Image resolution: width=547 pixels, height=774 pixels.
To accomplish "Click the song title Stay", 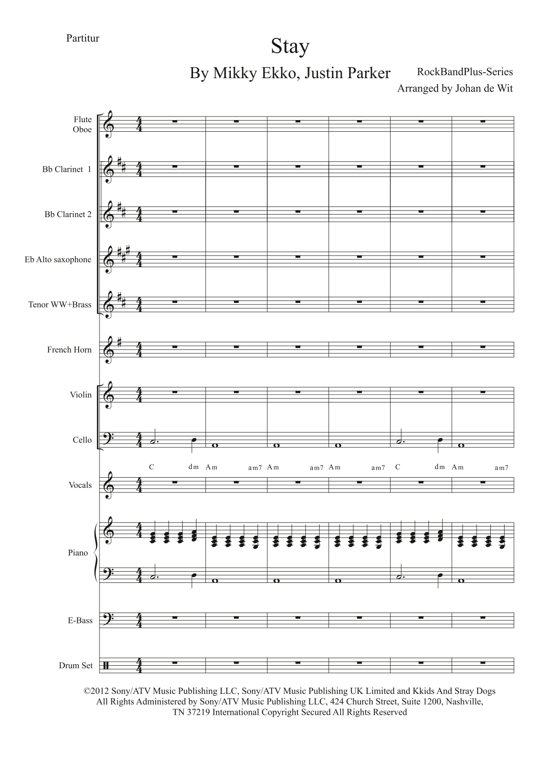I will pyautogui.click(x=290, y=47).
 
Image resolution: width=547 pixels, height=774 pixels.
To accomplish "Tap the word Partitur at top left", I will pyautogui.click(x=82, y=38).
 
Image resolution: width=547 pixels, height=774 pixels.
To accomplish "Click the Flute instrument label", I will pyautogui.click(x=83, y=120).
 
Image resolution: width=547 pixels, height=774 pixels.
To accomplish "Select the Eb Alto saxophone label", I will pyautogui.click(x=58, y=260).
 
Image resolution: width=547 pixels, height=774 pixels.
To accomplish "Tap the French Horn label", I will pyautogui.click(x=69, y=350).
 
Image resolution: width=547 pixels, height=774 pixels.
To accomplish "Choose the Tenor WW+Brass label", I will pyautogui.click(x=60, y=305).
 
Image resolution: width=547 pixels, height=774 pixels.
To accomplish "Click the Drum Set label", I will pyautogui.click(x=76, y=666).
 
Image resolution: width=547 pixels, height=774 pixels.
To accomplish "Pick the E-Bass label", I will pyautogui.click(x=80, y=621).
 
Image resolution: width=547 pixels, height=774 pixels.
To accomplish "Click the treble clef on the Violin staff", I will pyautogui.click(x=108, y=394).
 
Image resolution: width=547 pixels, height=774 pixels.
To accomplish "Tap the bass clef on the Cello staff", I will pyautogui.click(x=109, y=439).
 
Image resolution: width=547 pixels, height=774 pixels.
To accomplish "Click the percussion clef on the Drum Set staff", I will pyautogui.click(x=106, y=666).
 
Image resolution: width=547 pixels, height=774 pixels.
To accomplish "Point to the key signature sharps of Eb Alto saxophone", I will pyautogui.click(x=123, y=253).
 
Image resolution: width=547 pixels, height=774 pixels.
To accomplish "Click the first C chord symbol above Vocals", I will pyautogui.click(x=152, y=467).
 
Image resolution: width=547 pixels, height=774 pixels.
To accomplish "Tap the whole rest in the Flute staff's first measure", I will pyautogui.click(x=175, y=122).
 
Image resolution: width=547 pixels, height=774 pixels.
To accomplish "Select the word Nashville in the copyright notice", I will pyautogui.click(x=464, y=701).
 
